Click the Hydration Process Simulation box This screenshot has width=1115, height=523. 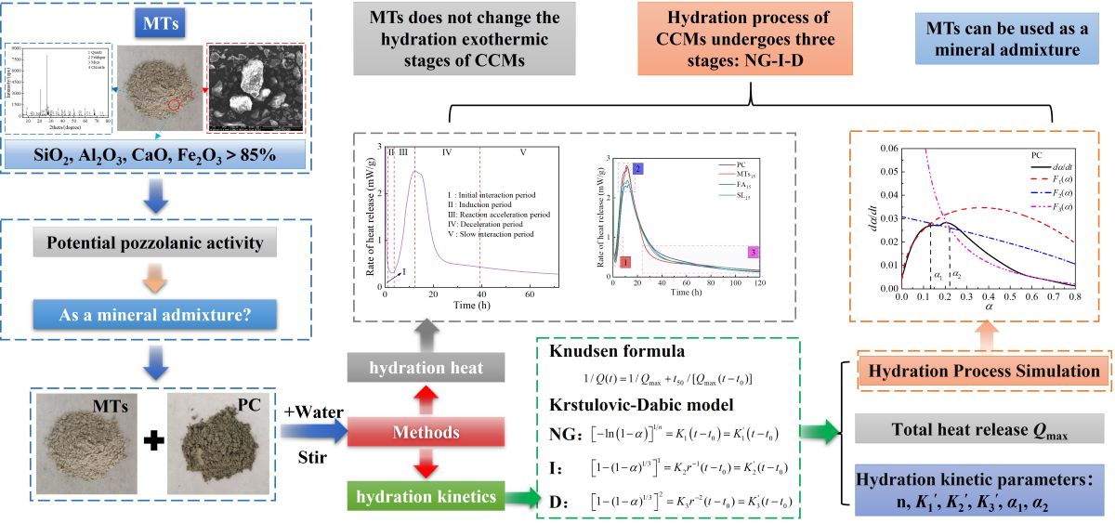click(x=977, y=371)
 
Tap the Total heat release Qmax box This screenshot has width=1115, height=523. click(x=977, y=429)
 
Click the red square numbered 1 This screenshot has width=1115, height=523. click(x=624, y=264)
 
